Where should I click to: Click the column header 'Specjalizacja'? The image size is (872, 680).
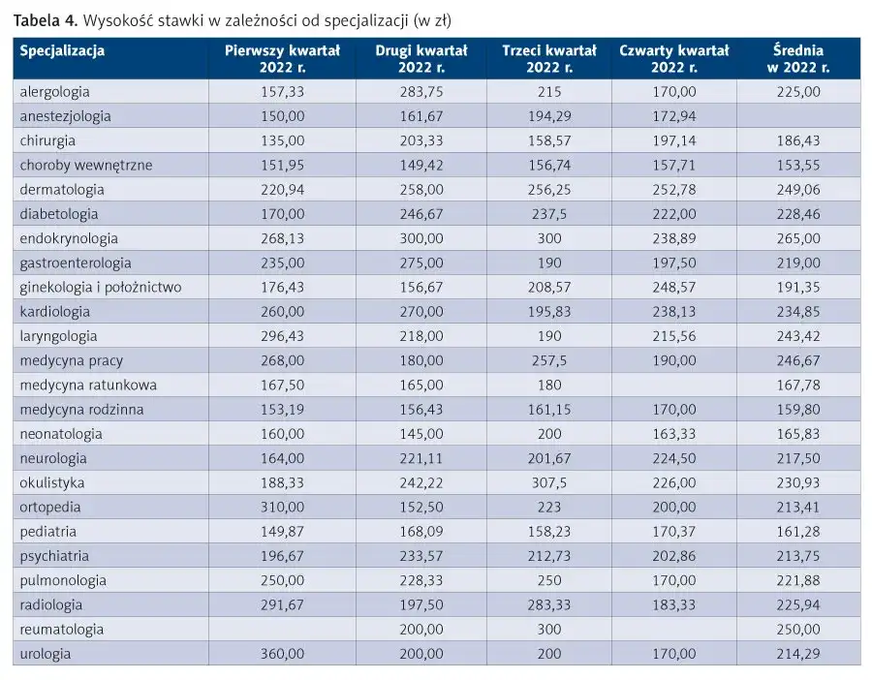coord(62,51)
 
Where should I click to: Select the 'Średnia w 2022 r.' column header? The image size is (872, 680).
coord(798,59)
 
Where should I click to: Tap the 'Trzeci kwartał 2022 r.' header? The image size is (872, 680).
coord(549,59)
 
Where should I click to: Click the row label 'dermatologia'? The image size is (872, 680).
coord(62,190)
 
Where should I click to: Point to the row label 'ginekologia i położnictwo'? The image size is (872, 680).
coord(101,288)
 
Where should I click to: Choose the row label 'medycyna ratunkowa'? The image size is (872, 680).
coord(88,385)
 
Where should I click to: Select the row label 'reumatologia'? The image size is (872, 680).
coord(62,630)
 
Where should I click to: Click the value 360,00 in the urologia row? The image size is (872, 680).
coord(283,654)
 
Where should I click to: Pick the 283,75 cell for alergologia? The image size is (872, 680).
coord(421,92)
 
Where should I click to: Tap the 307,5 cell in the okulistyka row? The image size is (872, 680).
coord(549,482)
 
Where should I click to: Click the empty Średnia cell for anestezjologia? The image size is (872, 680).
coord(798,116)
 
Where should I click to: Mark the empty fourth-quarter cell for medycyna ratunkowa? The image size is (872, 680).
coord(674,385)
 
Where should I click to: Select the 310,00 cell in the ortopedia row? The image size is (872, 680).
coord(283,507)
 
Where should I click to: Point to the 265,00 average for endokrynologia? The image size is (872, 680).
coord(798,238)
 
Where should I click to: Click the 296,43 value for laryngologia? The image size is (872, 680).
coord(283,336)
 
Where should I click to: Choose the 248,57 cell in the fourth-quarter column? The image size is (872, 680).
coord(674,288)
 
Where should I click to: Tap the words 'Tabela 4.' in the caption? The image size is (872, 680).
coord(46,21)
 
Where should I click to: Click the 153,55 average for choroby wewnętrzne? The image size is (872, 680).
coord(798,165)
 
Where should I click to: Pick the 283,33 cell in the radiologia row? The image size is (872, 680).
coord(549,605)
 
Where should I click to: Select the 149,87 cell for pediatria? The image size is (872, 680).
coord(283,532)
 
